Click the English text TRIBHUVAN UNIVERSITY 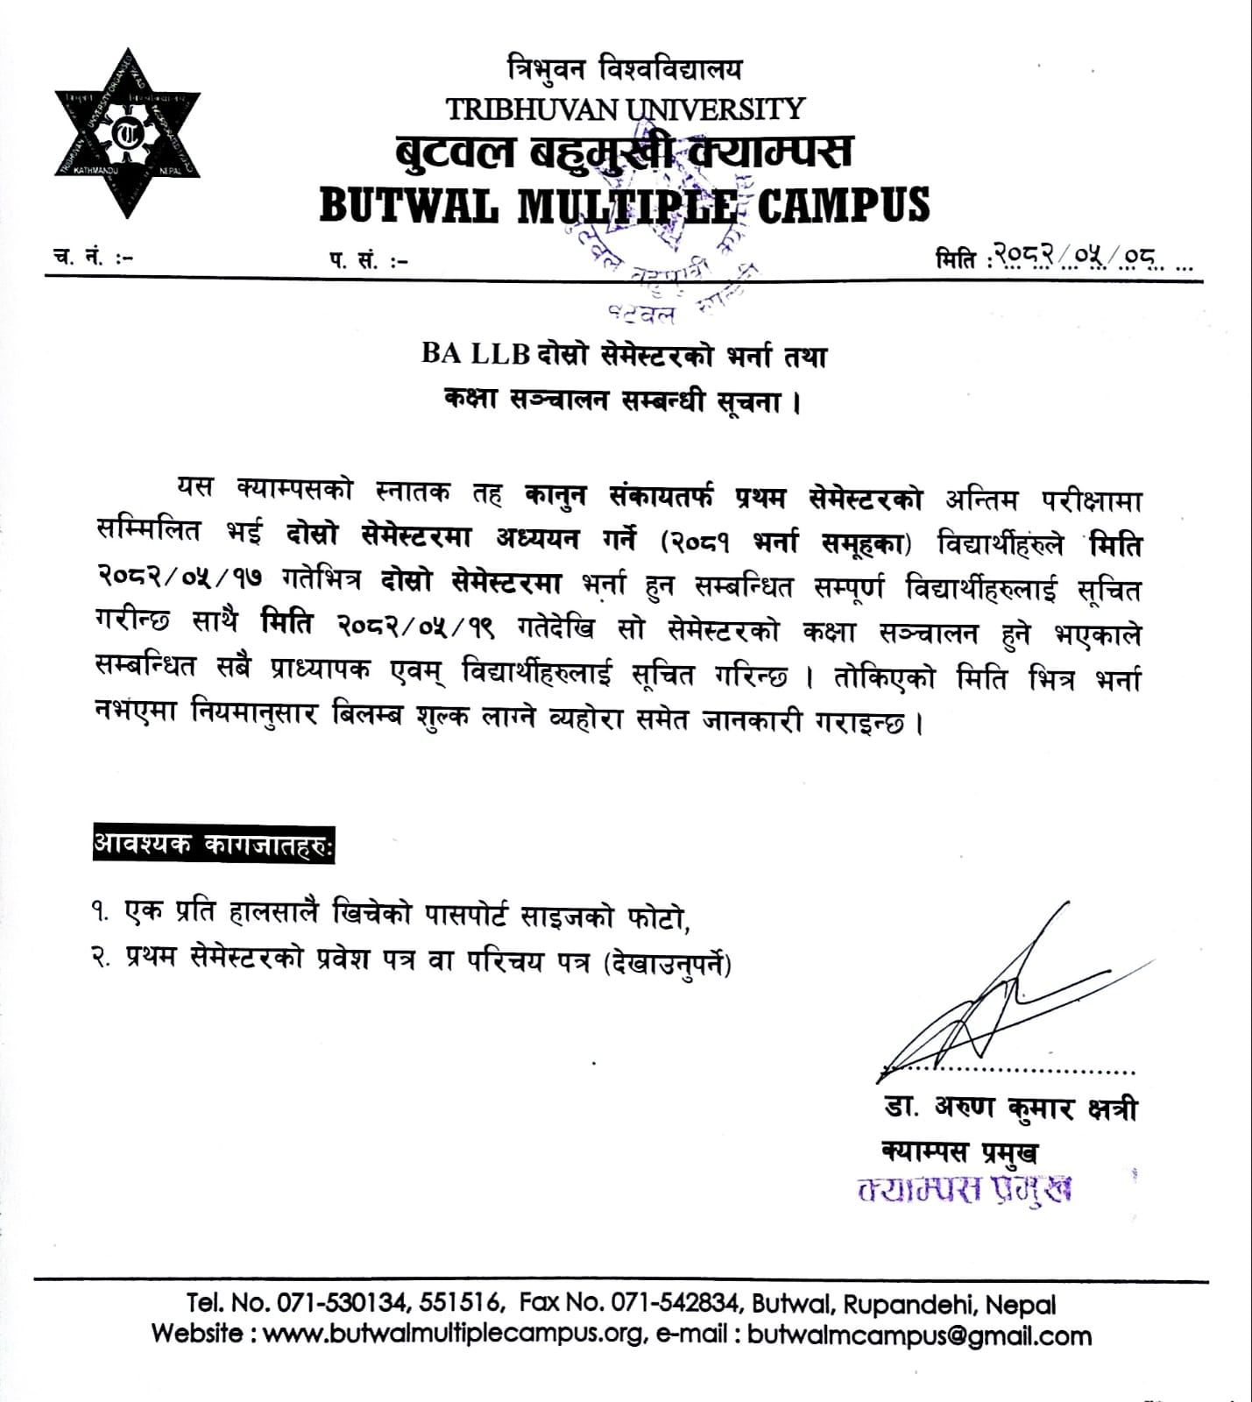[x=625, y=109]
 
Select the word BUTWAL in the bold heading [x=409, y=205]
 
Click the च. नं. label [x=92, y=258]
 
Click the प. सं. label [x=368, y=260]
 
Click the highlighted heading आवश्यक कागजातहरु [x=213, y=846]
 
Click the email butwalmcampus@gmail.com [x=921, y=1335]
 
